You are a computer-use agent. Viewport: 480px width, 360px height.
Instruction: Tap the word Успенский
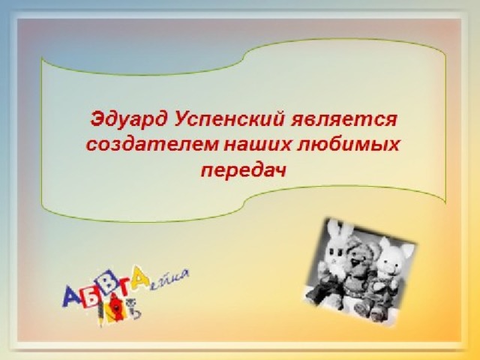click(x=229, y=121)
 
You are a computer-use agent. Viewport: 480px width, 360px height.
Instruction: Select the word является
click(x=343, y=120)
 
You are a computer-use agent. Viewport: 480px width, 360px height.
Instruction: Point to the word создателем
click(x=151, y=145)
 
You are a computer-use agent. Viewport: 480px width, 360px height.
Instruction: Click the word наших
click(x=256, y=145)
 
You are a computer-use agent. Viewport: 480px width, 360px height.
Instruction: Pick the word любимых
click(x=348, y=145)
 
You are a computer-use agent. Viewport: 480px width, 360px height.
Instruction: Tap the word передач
click(x=243, y=171)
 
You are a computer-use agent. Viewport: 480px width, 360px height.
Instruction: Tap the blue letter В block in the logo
click(x=109, y=280)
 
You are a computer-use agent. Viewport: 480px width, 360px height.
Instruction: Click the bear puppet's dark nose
click(x=355, y=262)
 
